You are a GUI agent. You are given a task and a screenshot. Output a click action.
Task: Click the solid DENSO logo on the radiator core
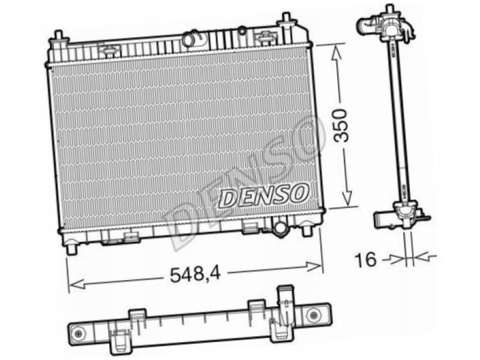click(x=265, y=195)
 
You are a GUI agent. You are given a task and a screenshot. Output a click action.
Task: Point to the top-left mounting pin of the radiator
click(x=58, y=37)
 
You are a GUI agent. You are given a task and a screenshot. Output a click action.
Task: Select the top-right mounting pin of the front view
click(x=286, y=19)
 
